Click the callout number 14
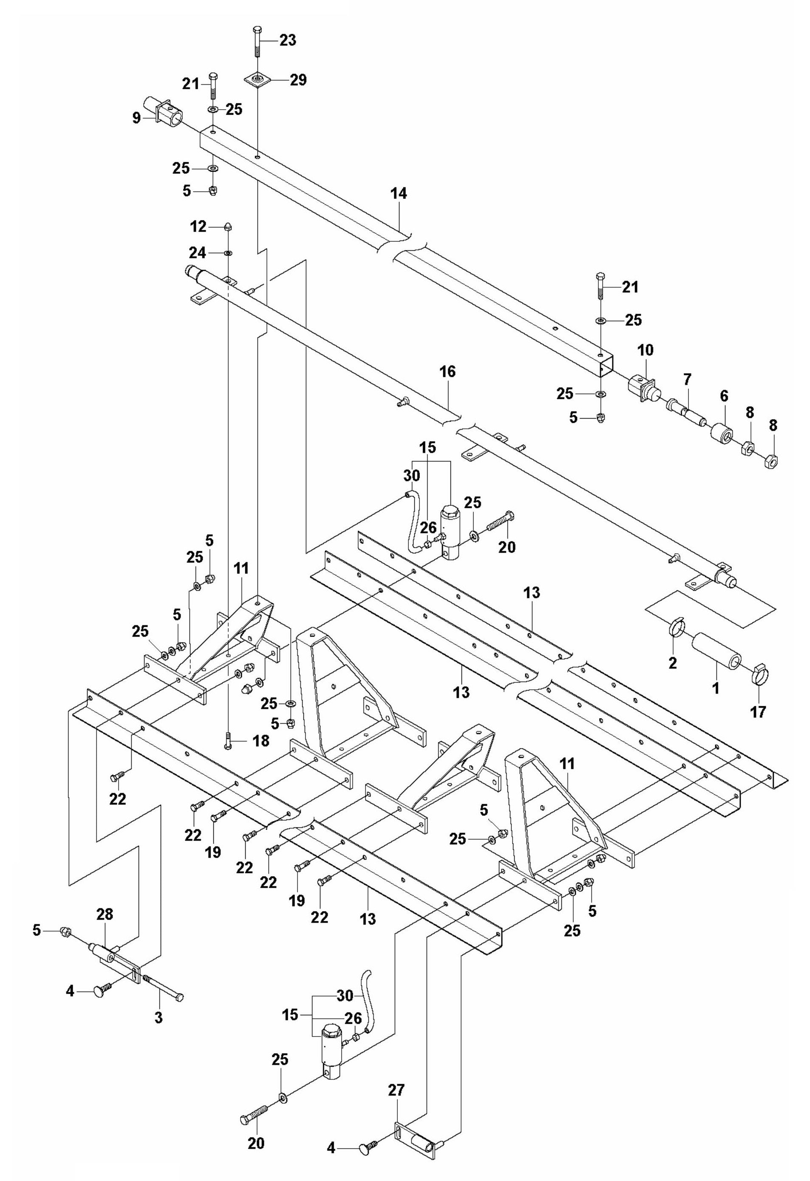click(399, 194)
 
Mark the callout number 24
click(198, 252)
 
